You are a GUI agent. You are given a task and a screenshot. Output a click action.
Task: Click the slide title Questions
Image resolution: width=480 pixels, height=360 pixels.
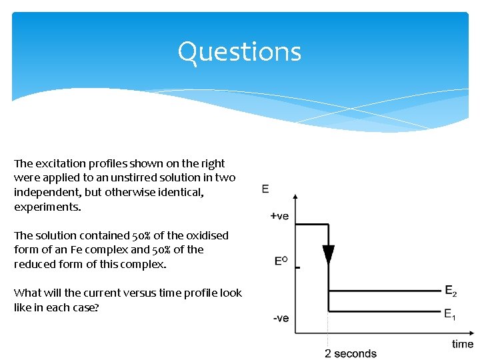coord(239,52)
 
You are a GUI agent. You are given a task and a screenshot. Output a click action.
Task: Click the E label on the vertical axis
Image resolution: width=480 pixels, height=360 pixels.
coord(265,189)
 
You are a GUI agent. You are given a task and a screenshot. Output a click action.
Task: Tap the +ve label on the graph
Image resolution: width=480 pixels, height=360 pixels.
coord(280,216)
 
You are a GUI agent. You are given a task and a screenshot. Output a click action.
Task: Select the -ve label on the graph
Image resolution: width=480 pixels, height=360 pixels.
coord(281,318)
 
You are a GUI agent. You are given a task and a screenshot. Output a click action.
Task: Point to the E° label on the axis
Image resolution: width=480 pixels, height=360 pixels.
coord(281,261)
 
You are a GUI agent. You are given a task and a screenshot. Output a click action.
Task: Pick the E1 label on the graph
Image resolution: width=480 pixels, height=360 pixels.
coord(451,314)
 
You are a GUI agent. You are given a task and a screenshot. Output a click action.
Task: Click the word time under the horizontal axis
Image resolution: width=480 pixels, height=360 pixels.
coord(463,344)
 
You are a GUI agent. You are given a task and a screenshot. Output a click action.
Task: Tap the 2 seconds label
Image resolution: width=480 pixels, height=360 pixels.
coord(351,353)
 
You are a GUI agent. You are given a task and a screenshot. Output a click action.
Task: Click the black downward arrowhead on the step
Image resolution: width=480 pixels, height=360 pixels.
coord(328,255)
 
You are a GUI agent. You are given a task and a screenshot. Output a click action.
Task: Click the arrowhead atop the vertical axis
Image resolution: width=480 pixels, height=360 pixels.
coord(295,197)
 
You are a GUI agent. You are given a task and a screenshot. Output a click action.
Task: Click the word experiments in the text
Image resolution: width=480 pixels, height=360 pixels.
coord(47,207)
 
